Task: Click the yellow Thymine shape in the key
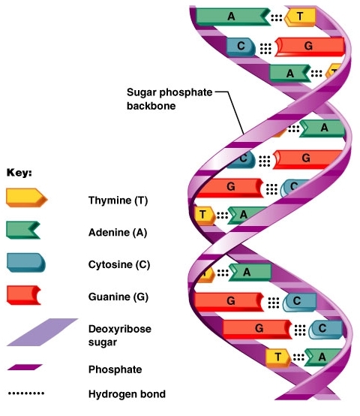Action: pos(26,198)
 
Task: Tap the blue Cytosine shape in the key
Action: pos(26,262)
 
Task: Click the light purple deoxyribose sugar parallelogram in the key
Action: pos(42,332)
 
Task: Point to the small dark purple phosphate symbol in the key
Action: pos(25,368)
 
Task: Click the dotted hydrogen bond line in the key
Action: pos(26,393)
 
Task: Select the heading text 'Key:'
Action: pos(19,172)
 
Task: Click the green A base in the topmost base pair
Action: pos(231,16)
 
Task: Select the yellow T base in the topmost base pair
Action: pos(301,16)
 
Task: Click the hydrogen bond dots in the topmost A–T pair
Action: pos(277,16)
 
